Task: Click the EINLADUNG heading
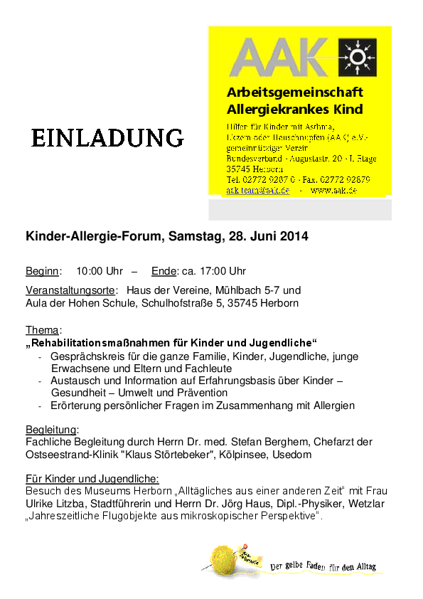(107, 138)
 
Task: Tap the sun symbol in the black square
(357, 58)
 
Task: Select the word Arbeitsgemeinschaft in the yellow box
(294, 92)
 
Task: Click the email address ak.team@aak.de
(257, 191)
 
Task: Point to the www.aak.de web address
(333, 191)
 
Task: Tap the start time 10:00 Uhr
(100, 271)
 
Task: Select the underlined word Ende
(163, 271)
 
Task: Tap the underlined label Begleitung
(52, 430)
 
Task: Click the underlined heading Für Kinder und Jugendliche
(92, 479)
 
